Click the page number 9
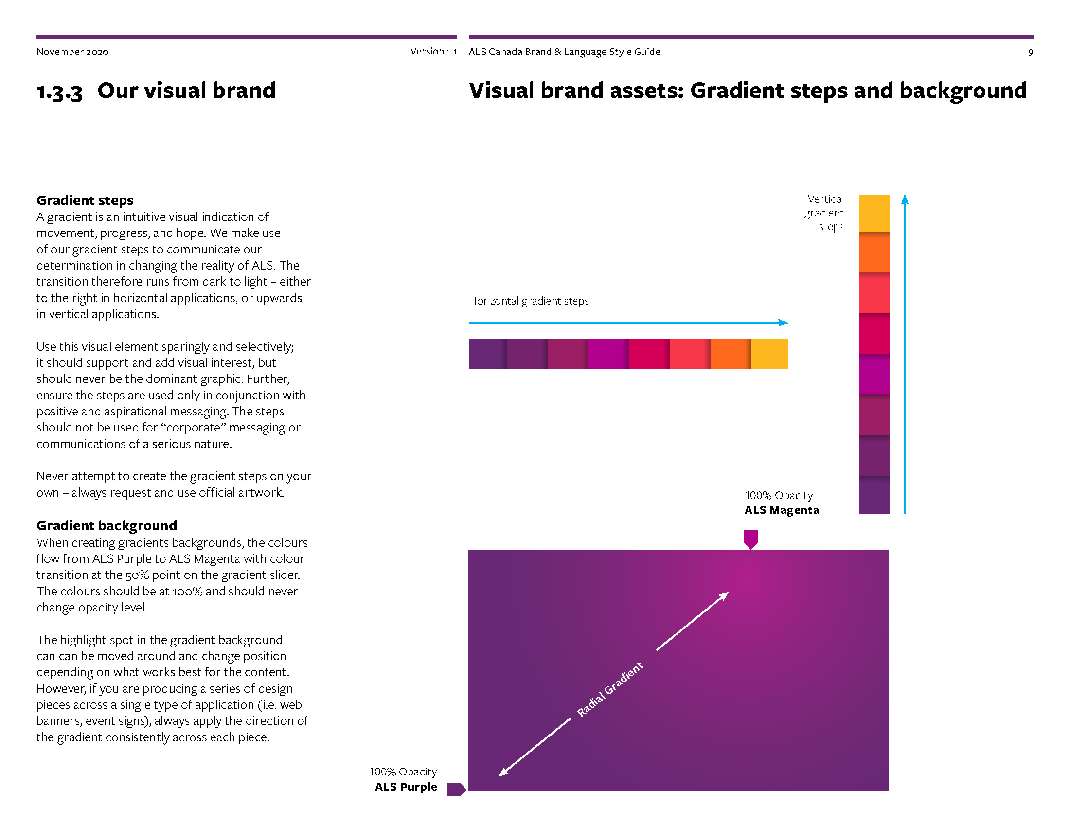point(1030,53)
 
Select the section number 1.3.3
point(59,91)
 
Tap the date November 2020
point(72,52)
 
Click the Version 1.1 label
point(433,51)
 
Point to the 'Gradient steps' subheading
point(85,200)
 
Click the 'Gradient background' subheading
point(107,525)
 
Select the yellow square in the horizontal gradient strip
point(770,354)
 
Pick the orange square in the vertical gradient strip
point(874,252)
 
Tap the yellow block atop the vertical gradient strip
point(874,213)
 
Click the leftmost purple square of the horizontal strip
point(487,354)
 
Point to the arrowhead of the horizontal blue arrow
point(785,323)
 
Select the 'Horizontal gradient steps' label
point(529,301)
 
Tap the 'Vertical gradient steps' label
point(824,213)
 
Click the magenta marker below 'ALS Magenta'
point(750,539)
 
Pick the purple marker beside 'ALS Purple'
point(456,789)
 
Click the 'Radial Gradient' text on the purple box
point(609,689)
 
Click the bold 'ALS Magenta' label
point(782,510)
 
